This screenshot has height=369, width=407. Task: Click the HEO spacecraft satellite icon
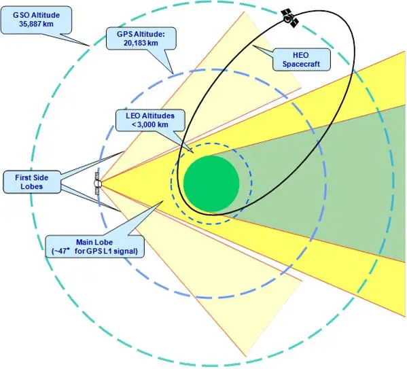(x=290, y=18)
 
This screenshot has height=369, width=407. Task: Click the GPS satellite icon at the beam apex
(x=98, y=183)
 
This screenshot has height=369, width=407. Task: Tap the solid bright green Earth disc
(x=211, y=183)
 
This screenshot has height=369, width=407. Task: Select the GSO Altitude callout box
(x=36, y=20)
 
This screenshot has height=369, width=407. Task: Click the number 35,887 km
(x=36, y=24)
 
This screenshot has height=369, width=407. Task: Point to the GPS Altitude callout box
(x=141, y=39)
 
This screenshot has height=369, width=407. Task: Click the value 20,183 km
(x=141, y=43)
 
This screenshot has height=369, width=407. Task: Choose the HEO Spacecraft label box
(x=302, y=60)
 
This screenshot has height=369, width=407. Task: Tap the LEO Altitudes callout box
(x=150, y=120)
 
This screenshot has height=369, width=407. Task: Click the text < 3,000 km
(x=150, y=124)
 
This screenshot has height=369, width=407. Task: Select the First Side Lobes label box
(x=32, y=181)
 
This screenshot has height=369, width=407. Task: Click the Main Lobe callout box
(x=94, y=247)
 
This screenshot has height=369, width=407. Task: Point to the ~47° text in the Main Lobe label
(x=61, y=251)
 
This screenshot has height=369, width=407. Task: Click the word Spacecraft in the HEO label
(x=301, y=64)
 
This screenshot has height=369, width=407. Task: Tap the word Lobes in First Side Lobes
(x=32, y=186)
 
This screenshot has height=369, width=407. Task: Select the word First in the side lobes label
(x=22, y=177)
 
